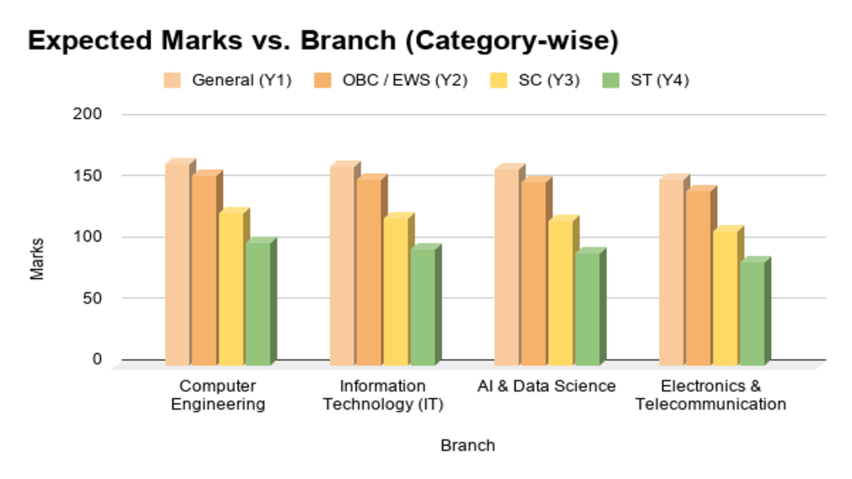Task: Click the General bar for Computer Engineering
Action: (180, 263)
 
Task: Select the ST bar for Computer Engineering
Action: (261, 302)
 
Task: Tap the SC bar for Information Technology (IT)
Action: (398, 290)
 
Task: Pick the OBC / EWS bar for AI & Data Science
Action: (536, 271)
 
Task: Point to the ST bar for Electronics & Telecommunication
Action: (755, 312)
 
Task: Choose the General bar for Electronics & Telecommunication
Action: (674, 270)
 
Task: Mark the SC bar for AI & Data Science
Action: (563, 291)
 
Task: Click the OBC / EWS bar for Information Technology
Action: (371, 270)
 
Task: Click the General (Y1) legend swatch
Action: (172, 80)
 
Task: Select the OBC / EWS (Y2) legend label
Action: (405, 80)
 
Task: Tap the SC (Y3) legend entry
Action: (535, 80)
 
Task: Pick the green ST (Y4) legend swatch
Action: (611, 80)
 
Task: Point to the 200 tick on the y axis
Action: (87, 114)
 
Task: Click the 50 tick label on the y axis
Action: (92, 299)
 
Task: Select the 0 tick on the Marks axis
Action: (97, 359)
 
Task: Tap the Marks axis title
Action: (37, 259)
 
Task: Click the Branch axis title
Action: (468, 445)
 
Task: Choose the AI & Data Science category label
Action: (547, 386)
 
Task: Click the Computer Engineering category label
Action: (218, 395)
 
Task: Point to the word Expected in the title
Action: (89, 40)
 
